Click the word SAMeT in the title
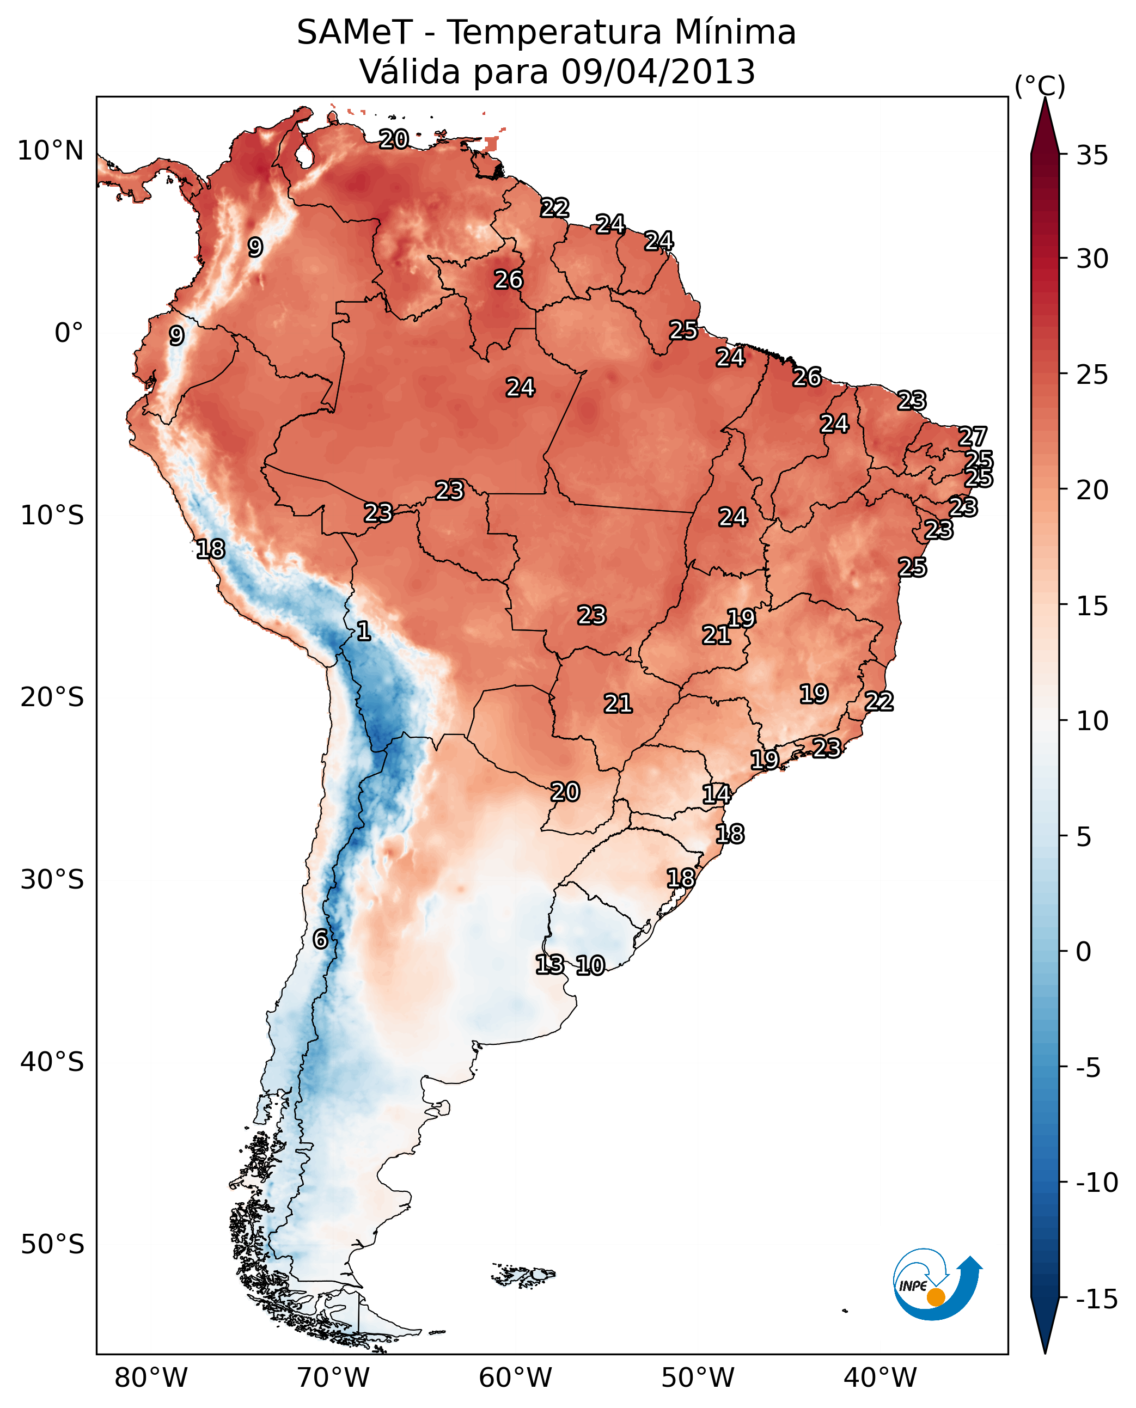point(354,33)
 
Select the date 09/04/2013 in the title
point(658,72)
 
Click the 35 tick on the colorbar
point(1091,156)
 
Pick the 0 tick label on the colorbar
point(1084,952)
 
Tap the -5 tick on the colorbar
point(1091,1068)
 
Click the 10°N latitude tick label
point(51,151)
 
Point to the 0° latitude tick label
point(69,333)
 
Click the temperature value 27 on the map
point(973,437)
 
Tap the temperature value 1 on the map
point(364,630)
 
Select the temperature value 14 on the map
point(717,794)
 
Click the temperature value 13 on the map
point(549,964)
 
